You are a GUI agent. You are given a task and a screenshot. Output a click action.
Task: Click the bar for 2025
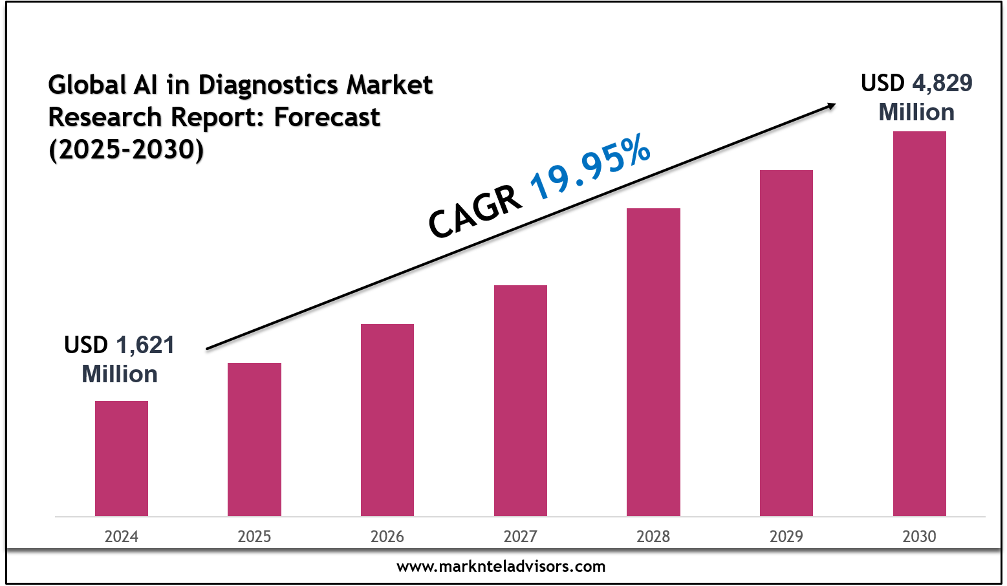tap(254, 439)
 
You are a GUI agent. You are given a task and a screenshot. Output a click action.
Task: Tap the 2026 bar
tap(387, 420)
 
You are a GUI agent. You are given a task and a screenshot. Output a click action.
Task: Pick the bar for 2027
tap(521, 400)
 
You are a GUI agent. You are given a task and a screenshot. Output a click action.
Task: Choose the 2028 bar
tap(653, 362)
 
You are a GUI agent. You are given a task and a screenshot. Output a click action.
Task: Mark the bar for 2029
tap(786, 343)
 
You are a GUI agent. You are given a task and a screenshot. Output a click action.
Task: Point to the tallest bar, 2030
tap(919, 323)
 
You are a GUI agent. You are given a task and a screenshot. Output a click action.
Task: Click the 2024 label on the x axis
tap(122, 536)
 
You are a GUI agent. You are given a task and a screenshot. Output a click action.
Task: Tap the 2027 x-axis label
tap(521, 536)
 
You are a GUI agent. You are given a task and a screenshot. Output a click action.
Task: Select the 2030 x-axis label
tap(919, 536)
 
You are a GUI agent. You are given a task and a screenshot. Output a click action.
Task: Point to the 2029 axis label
tap(786, 536)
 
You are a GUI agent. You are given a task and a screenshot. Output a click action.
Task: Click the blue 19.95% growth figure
tap(590, 167)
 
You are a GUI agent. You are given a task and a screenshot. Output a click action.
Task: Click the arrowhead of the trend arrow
tap(831, 105)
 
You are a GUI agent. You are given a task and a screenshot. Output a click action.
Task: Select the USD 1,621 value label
tap(120, 345)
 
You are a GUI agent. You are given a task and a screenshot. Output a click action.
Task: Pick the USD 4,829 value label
tap(916, 83)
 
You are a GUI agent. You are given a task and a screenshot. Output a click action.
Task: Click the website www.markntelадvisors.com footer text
tap(501, 567)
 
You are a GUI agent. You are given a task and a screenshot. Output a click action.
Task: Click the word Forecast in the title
tap(327, 117)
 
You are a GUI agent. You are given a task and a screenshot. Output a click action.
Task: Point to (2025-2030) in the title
tap(126, 149)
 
